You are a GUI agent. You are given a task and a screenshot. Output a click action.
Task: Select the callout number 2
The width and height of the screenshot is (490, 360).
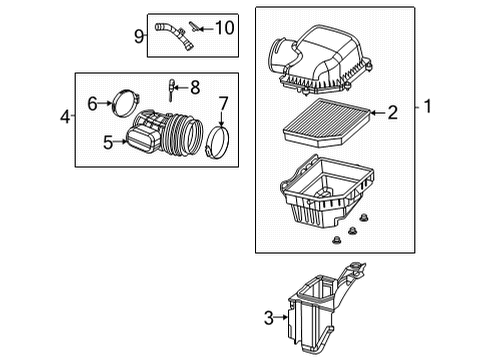[x=393, y=114]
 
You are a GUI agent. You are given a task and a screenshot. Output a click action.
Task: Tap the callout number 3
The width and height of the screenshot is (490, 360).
[x=268, y=317]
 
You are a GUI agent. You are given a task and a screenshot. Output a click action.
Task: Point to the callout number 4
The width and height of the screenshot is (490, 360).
[x=65, y=117]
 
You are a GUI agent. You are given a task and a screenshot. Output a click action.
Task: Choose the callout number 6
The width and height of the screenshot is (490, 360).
[x=91, y=102]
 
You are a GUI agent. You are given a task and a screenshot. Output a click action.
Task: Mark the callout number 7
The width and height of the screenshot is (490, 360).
[x=223, y=102]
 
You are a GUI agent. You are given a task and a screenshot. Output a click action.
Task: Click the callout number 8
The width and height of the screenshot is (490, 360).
[x=195, y=87]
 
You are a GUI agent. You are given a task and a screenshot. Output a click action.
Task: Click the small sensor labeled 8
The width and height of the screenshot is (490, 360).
[x=173, y=89]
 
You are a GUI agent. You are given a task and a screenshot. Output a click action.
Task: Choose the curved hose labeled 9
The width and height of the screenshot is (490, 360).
[x=172, y=37]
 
